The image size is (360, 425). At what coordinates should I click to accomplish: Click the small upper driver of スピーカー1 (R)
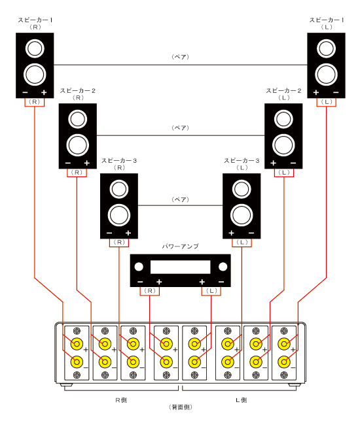tap(35, 48)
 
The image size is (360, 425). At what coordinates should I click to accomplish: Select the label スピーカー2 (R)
tap(78, 93)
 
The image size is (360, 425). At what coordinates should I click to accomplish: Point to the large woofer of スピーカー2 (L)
tap(283, 143)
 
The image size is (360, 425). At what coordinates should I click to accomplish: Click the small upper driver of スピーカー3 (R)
tap(118, 189)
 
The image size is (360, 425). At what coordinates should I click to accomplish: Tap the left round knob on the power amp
tap(138, 266)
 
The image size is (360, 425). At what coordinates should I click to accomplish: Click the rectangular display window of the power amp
tap(180, 267)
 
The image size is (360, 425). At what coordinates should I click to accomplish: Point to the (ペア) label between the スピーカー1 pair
tap(180, 58)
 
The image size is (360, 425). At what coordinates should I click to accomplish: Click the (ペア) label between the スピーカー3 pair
tap(180, 199)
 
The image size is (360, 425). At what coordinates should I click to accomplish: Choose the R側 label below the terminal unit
tap(120, 399)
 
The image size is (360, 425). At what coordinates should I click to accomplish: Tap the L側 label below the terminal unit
tap(240, 399)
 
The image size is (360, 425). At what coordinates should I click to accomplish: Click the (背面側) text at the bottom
tap(180, 407)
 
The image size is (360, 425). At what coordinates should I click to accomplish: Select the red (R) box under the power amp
tap(150, 290)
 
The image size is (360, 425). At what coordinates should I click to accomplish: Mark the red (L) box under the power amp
tap(211, 290)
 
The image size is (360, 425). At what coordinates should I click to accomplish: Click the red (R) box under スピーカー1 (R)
tap(35, 102)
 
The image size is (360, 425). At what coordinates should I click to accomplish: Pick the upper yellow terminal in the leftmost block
tap(77, 343)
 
